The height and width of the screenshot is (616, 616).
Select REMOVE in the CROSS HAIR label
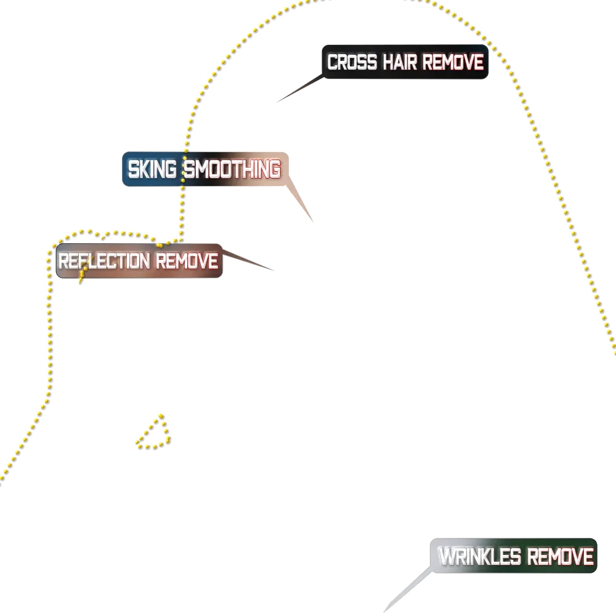click(x=453, y=62)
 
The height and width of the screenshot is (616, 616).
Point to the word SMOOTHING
click(x=233, y=168)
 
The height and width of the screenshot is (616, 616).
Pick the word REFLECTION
click(x=104, y=261)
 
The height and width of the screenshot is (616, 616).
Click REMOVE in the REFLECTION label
click(x=187, y=261)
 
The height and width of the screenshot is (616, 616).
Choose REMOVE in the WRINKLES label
click(x=561, y=557)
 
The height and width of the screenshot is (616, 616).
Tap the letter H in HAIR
click(x=388, y=62)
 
